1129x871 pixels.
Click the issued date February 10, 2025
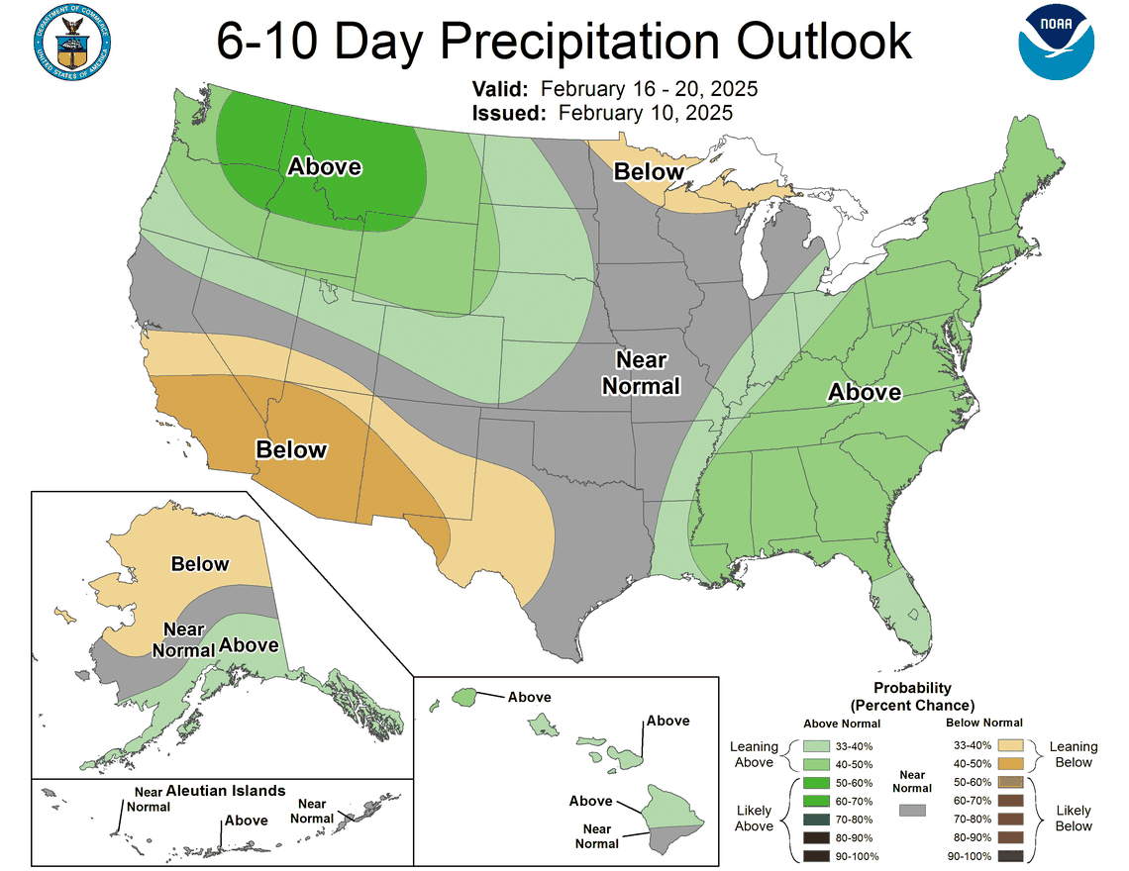(646, 113)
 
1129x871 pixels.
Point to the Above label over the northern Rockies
(324, 166)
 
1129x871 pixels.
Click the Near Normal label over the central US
(641, 372)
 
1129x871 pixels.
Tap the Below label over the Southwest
(291, 450)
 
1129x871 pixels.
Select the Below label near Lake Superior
(649, 172)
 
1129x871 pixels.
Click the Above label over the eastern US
(865, 393)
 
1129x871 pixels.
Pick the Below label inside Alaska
(199, 564)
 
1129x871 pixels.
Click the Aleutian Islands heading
(226, 791)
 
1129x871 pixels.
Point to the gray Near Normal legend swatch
(912, 810)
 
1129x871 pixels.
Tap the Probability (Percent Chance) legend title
(912, 696)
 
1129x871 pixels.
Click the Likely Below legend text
(1074, 818)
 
